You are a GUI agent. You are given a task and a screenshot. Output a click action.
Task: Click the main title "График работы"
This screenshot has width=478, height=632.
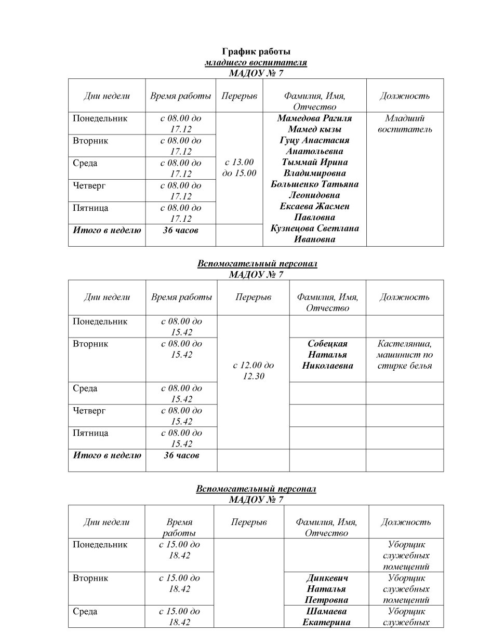tap(256, 52)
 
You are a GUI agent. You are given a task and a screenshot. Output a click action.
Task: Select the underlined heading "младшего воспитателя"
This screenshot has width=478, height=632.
tap(256, 63)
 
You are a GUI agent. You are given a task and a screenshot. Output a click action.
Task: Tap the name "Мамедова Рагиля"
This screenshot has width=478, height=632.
tap(314, 118)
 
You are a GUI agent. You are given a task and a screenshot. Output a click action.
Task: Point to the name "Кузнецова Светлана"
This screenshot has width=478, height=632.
tap(314, 228)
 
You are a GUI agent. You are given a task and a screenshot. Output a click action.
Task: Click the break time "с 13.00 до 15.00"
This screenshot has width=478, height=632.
tap(239, 168)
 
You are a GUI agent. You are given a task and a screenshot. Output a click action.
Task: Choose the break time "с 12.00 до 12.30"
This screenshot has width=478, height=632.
tap(254, 371)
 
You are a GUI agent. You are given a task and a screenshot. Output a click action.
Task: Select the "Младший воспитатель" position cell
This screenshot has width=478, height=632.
tap(405, 124)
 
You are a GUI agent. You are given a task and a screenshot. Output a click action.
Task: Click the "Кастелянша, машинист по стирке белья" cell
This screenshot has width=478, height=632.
tap(405, 355)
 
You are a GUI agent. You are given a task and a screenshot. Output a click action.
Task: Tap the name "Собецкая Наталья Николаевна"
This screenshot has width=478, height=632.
tap(327, 355)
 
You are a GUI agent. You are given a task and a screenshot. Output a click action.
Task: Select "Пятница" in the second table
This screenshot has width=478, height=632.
tap(91, 433)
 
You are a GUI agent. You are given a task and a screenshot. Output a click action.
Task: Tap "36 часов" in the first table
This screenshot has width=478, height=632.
tap(180, 230)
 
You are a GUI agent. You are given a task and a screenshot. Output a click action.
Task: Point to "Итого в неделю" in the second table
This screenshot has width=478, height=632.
tap(107, 455)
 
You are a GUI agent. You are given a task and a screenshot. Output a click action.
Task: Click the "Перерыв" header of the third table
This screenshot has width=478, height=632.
tap(249, 522)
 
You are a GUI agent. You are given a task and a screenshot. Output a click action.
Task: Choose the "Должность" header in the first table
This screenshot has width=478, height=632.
tap(405, 96)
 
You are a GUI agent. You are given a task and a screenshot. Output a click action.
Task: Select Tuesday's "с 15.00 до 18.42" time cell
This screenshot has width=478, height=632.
tap(179, 583)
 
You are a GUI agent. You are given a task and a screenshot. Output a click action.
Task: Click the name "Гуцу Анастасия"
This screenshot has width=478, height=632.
tap(314, 140)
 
